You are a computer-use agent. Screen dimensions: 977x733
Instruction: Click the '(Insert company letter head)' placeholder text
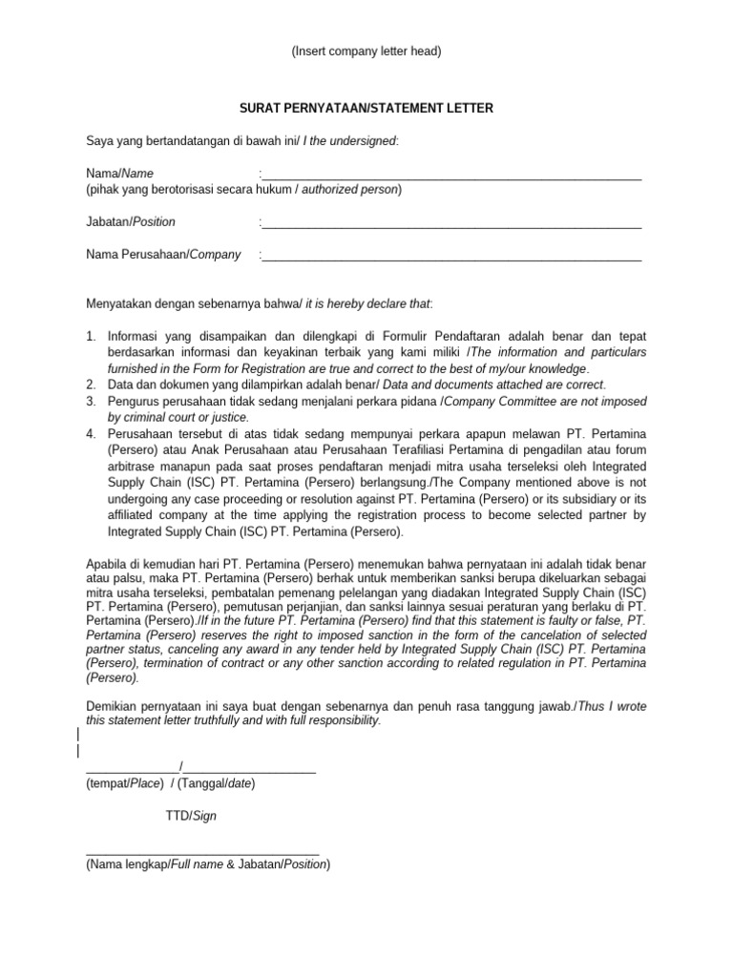click(366, 52)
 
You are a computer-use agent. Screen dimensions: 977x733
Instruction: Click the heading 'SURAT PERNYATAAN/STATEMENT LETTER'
click(366, 109)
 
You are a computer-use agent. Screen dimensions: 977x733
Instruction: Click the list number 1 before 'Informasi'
click(91, 337)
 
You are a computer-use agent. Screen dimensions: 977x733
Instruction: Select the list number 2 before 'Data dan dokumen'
click(91, 385)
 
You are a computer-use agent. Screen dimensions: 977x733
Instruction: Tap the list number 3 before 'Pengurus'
click(91, 402)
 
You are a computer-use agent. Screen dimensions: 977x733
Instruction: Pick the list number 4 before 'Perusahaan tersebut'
click(91, 434)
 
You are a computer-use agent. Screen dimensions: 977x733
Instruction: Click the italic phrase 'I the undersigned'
click(349, 142)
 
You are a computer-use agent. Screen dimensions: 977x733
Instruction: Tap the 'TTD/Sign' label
click(191, 817)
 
